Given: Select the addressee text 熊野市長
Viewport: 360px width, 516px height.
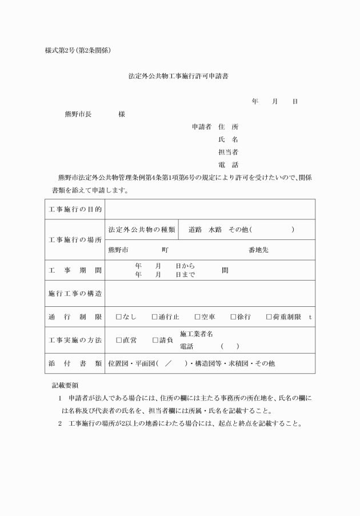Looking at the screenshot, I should (78, 114).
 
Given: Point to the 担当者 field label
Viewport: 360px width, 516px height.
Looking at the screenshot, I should (228, 152).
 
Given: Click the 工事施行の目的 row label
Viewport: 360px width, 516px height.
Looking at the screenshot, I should (75, 210).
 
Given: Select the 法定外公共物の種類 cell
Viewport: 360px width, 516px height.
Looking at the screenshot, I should (142, 230).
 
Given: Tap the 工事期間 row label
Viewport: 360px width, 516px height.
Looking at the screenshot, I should (75, 270).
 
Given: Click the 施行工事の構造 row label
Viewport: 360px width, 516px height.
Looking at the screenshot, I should (75, 294).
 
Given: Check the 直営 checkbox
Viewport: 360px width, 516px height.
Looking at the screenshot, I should (119, 341).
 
